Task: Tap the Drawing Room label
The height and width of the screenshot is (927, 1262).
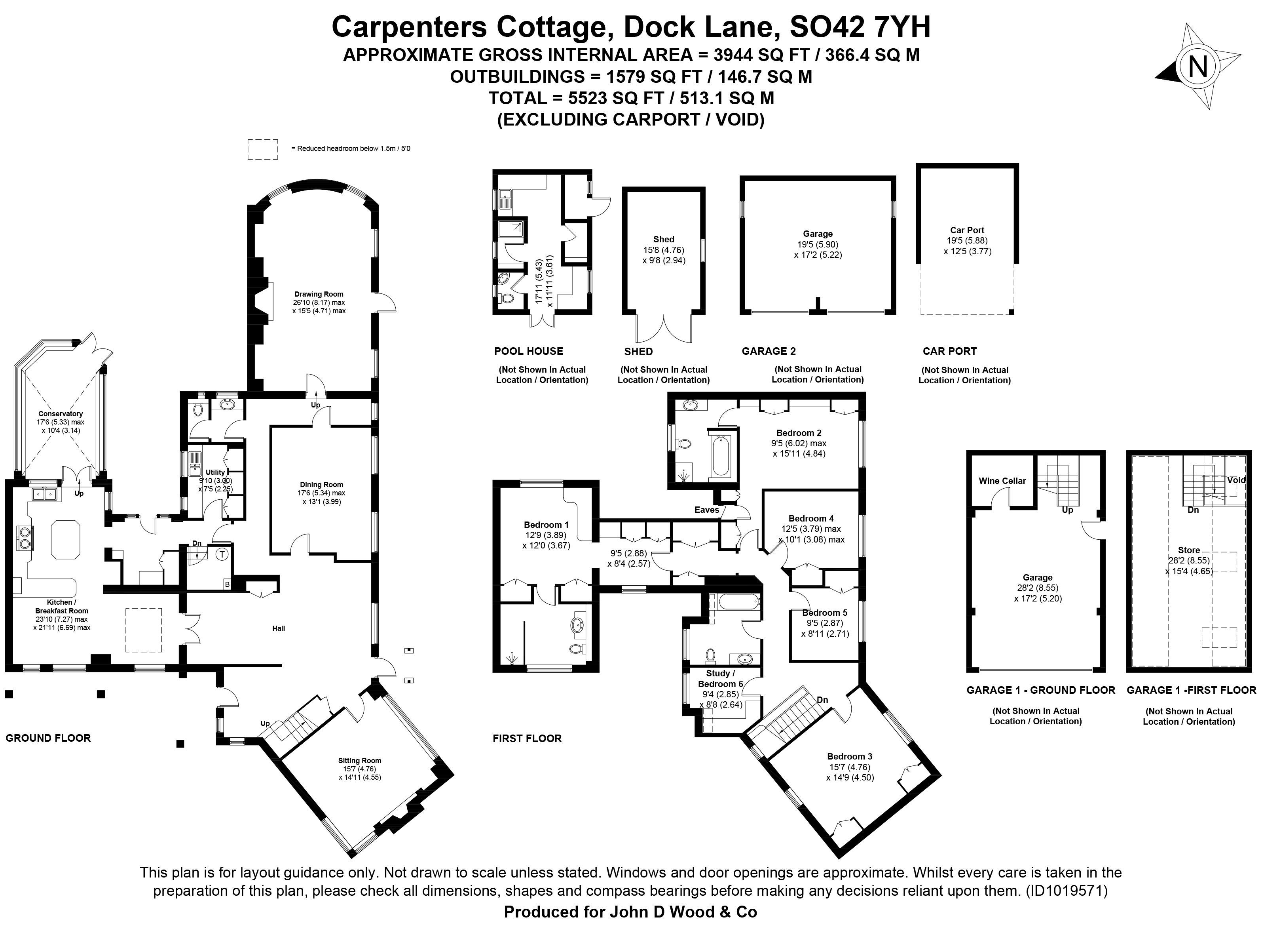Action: tap(319, 294)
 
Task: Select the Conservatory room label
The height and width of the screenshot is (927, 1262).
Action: tap(61, 413)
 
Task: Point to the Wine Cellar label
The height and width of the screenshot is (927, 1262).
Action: tap(1002, 480)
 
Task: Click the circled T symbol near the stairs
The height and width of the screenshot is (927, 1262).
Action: tap(222, 554)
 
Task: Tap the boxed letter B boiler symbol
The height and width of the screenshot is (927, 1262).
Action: tap(227, 584)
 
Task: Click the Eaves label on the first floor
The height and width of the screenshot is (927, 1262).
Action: tap(706, 510)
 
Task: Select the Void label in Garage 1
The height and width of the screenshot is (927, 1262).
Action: tap(1236, 480)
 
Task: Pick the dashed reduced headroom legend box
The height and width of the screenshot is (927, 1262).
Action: tap(263, 149)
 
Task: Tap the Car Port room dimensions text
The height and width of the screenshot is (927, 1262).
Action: tap(967, 246)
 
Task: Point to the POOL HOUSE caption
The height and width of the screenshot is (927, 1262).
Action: tap(528, 351)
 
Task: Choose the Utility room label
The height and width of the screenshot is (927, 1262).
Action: tap(215, 472)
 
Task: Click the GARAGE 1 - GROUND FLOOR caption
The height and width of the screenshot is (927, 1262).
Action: tap(1040, 690)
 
